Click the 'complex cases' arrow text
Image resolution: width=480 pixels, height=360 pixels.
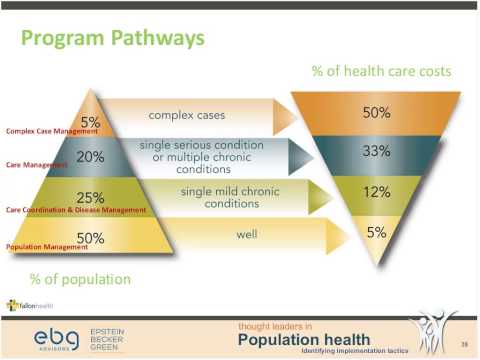pos(204,116)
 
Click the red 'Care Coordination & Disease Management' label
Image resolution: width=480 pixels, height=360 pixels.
pos(76,210)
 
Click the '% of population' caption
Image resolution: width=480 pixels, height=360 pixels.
pos(67,277)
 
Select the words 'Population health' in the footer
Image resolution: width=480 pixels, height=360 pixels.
pos(303,339)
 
